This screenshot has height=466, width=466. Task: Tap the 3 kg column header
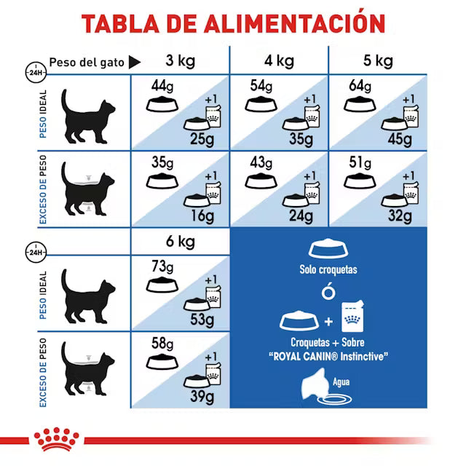pyautogui.click(x=179, y=60)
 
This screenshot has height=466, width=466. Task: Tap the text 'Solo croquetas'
pyautogui.click(x=329, y=269)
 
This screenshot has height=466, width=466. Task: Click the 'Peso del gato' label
pyautogui.click(x=85, y=62)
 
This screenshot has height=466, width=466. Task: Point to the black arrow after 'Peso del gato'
pyautogui.click(x=135, y=62)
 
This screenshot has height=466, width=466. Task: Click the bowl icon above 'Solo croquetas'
pyautogui.click(x=328, y=249)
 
